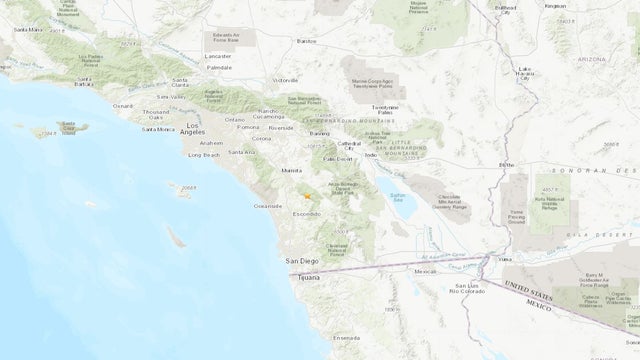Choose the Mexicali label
pos(428,271)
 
